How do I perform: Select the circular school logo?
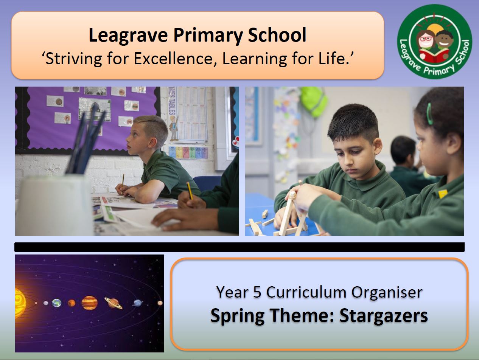click(434, 42)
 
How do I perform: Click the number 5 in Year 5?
click(257, 292)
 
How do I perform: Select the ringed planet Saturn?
click(113, 303)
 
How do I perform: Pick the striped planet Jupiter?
click(89, 303)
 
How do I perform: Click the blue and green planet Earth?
click(57, 303)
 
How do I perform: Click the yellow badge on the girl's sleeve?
click(443, 194)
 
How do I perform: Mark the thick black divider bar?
click(239, 247)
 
